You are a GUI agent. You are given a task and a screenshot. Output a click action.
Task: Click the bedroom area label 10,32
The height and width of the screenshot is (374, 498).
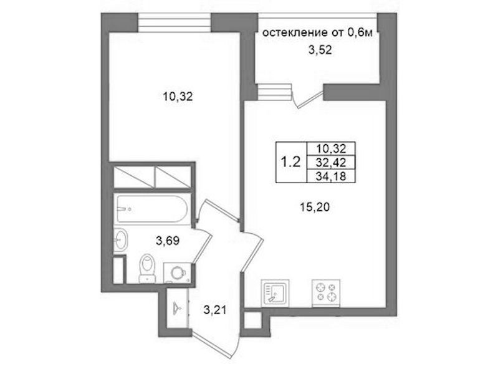[x=178, y=96]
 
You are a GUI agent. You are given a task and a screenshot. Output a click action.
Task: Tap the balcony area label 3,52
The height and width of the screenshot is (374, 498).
[x=320, y=50]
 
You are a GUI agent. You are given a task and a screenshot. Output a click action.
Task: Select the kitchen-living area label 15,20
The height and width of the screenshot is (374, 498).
[x=315, y=207]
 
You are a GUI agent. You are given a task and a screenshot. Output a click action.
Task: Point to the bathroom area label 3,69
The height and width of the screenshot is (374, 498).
[x=168, y=241]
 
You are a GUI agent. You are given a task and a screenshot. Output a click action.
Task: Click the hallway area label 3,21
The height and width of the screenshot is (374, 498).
[x=215, y=310]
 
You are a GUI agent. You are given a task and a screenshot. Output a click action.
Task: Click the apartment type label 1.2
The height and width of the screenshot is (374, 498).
[x=290, y=162]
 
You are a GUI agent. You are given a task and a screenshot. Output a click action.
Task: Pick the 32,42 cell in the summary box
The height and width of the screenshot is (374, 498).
[x=330, y=163]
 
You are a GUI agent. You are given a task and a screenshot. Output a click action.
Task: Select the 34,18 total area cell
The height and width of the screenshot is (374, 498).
[x=330, y=176]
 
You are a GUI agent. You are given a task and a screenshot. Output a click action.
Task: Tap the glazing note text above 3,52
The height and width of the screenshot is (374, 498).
[x=318, y=32]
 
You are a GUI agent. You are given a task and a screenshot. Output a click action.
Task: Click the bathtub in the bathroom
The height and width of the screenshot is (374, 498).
[x=152, y=208]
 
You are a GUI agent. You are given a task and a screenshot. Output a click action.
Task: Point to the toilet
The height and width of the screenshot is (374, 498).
[x=148, y=268]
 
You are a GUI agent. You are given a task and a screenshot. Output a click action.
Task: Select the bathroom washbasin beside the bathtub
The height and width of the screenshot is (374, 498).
[x=121, y=240]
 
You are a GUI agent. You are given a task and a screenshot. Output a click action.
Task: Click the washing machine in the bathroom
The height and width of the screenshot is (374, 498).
[x=177, y=273]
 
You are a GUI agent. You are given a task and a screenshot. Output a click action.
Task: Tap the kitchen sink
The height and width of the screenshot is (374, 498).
[x=275, y=294]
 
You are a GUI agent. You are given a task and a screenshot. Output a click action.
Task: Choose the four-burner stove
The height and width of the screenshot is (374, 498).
[x=326, y=294]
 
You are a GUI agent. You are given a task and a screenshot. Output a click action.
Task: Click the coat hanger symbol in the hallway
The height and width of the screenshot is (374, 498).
[x=177, y=307]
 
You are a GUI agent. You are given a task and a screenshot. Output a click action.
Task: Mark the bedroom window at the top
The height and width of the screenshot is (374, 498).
[x=175, y=22]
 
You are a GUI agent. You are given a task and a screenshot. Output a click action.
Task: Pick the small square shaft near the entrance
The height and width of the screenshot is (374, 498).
[x=252, y=320]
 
